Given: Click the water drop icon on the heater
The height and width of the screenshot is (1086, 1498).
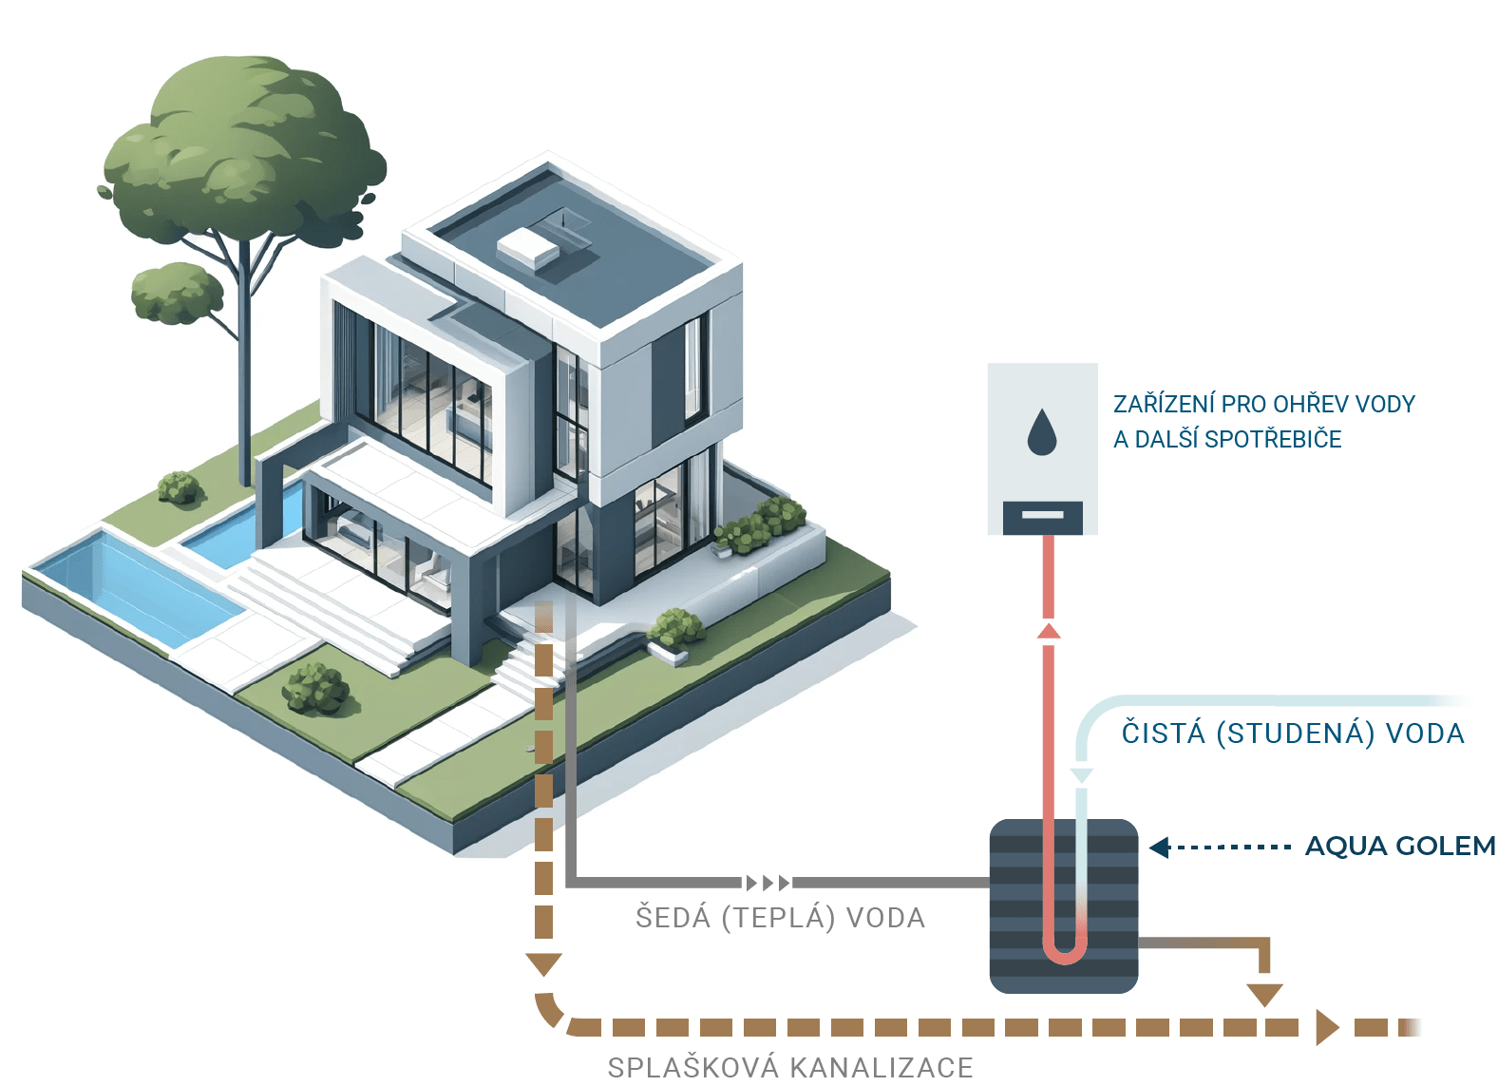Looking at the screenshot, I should tap(1042, 433).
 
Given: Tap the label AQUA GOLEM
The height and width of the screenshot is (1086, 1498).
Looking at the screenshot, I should tap(1399, 846).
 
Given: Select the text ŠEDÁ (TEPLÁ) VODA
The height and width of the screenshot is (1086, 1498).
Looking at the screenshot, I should tap(780, 918).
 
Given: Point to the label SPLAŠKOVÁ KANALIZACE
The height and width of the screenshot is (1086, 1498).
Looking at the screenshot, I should tap(790, 1067).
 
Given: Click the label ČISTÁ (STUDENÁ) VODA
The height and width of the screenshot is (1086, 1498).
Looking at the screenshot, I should tap(1293, 734).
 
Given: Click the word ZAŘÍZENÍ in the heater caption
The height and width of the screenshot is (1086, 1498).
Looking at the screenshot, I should tap(1164, 405).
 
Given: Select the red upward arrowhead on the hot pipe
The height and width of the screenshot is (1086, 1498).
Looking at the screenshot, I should tap(1049, 631).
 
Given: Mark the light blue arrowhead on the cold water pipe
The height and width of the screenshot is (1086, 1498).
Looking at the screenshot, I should tap(1081, 776).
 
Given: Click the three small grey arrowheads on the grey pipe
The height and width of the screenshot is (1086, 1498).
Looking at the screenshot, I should tap(768, 883).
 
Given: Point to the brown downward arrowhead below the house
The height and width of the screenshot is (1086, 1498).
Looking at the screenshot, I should tap(543, 964).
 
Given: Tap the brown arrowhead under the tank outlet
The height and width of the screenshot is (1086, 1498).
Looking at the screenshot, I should tap(1264, 994).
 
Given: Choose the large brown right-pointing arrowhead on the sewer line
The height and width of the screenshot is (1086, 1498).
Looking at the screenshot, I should tap(1326, 1027).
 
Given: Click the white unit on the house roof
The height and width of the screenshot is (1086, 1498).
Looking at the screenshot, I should tap(529, 248).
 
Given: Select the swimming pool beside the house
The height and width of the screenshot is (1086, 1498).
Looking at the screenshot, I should tap(133, 583).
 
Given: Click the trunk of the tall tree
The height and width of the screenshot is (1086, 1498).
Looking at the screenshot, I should tap(246, 380).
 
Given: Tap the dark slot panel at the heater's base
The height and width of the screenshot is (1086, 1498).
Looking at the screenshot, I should tap(1043, 516).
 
